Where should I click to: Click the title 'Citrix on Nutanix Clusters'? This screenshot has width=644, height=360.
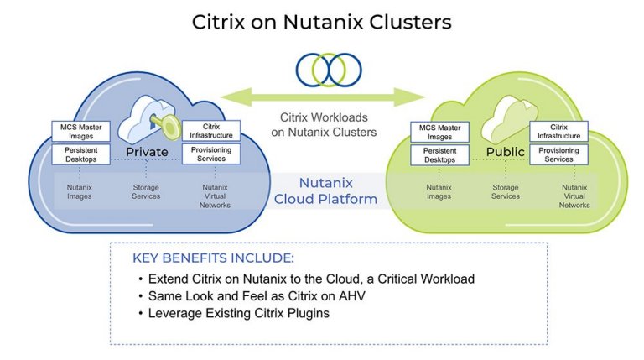(322, 22)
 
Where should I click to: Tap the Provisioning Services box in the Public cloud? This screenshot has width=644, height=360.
(558, 154)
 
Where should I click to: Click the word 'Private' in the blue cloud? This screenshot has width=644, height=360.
(148, 152)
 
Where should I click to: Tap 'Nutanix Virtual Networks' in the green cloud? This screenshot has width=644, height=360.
(575, 196)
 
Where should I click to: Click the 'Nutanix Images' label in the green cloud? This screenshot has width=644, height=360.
(439, 192)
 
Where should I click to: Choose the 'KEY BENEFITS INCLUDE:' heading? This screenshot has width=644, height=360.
(213, 258)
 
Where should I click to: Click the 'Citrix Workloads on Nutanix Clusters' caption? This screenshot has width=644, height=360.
(327, 125)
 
